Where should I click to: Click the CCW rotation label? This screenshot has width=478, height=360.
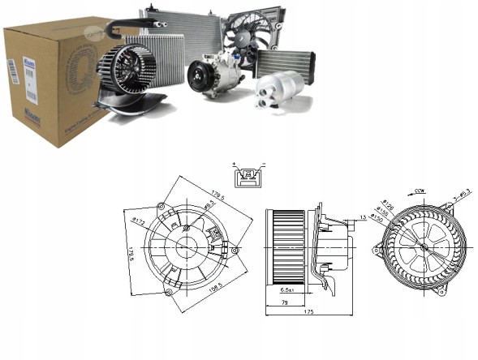pos(420,191)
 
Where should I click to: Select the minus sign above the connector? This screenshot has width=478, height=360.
pos(263,165)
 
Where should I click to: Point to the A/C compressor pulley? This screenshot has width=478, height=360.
pos(200,79)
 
